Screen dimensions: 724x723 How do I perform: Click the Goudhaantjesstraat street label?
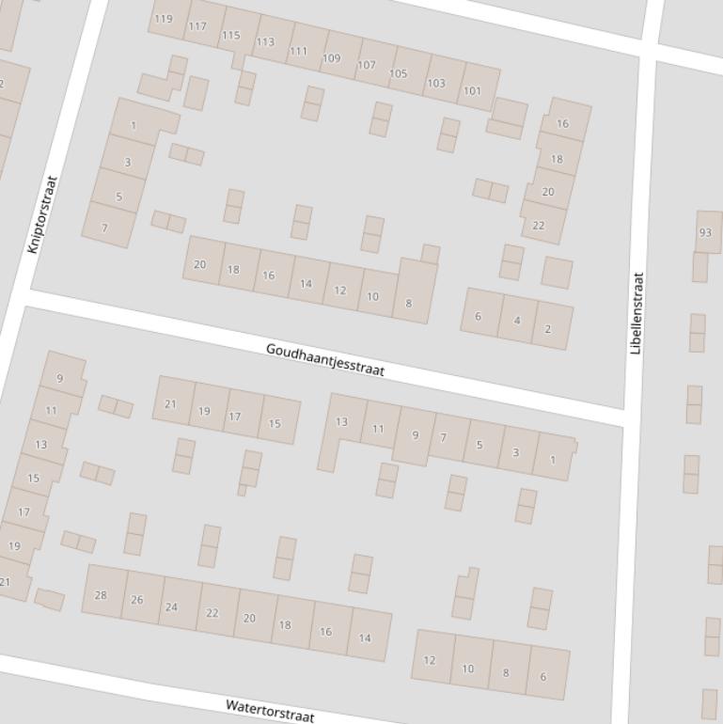325,360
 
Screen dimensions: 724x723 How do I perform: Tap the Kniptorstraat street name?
43,214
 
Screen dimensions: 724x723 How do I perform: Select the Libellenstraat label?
637,313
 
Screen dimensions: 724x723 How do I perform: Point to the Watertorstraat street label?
270,710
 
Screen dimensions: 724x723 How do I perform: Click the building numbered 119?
165,19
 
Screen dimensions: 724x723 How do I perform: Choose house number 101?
472,91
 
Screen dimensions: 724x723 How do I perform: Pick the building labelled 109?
332,58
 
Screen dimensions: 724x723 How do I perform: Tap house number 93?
705,232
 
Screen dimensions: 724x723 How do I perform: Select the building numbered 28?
102,594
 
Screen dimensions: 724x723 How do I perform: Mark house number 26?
137,600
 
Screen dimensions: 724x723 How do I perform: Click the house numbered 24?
172,606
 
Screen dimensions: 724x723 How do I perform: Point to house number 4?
517,321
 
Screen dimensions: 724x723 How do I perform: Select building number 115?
231,35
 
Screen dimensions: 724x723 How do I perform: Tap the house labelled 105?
399,73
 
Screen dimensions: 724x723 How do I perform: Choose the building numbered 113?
265,41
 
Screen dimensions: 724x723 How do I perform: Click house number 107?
367,66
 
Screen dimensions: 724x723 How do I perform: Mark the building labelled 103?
436,83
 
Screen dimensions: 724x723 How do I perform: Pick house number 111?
298,51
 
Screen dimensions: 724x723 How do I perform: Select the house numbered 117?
197,26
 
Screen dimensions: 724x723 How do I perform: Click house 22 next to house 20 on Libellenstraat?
539,226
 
